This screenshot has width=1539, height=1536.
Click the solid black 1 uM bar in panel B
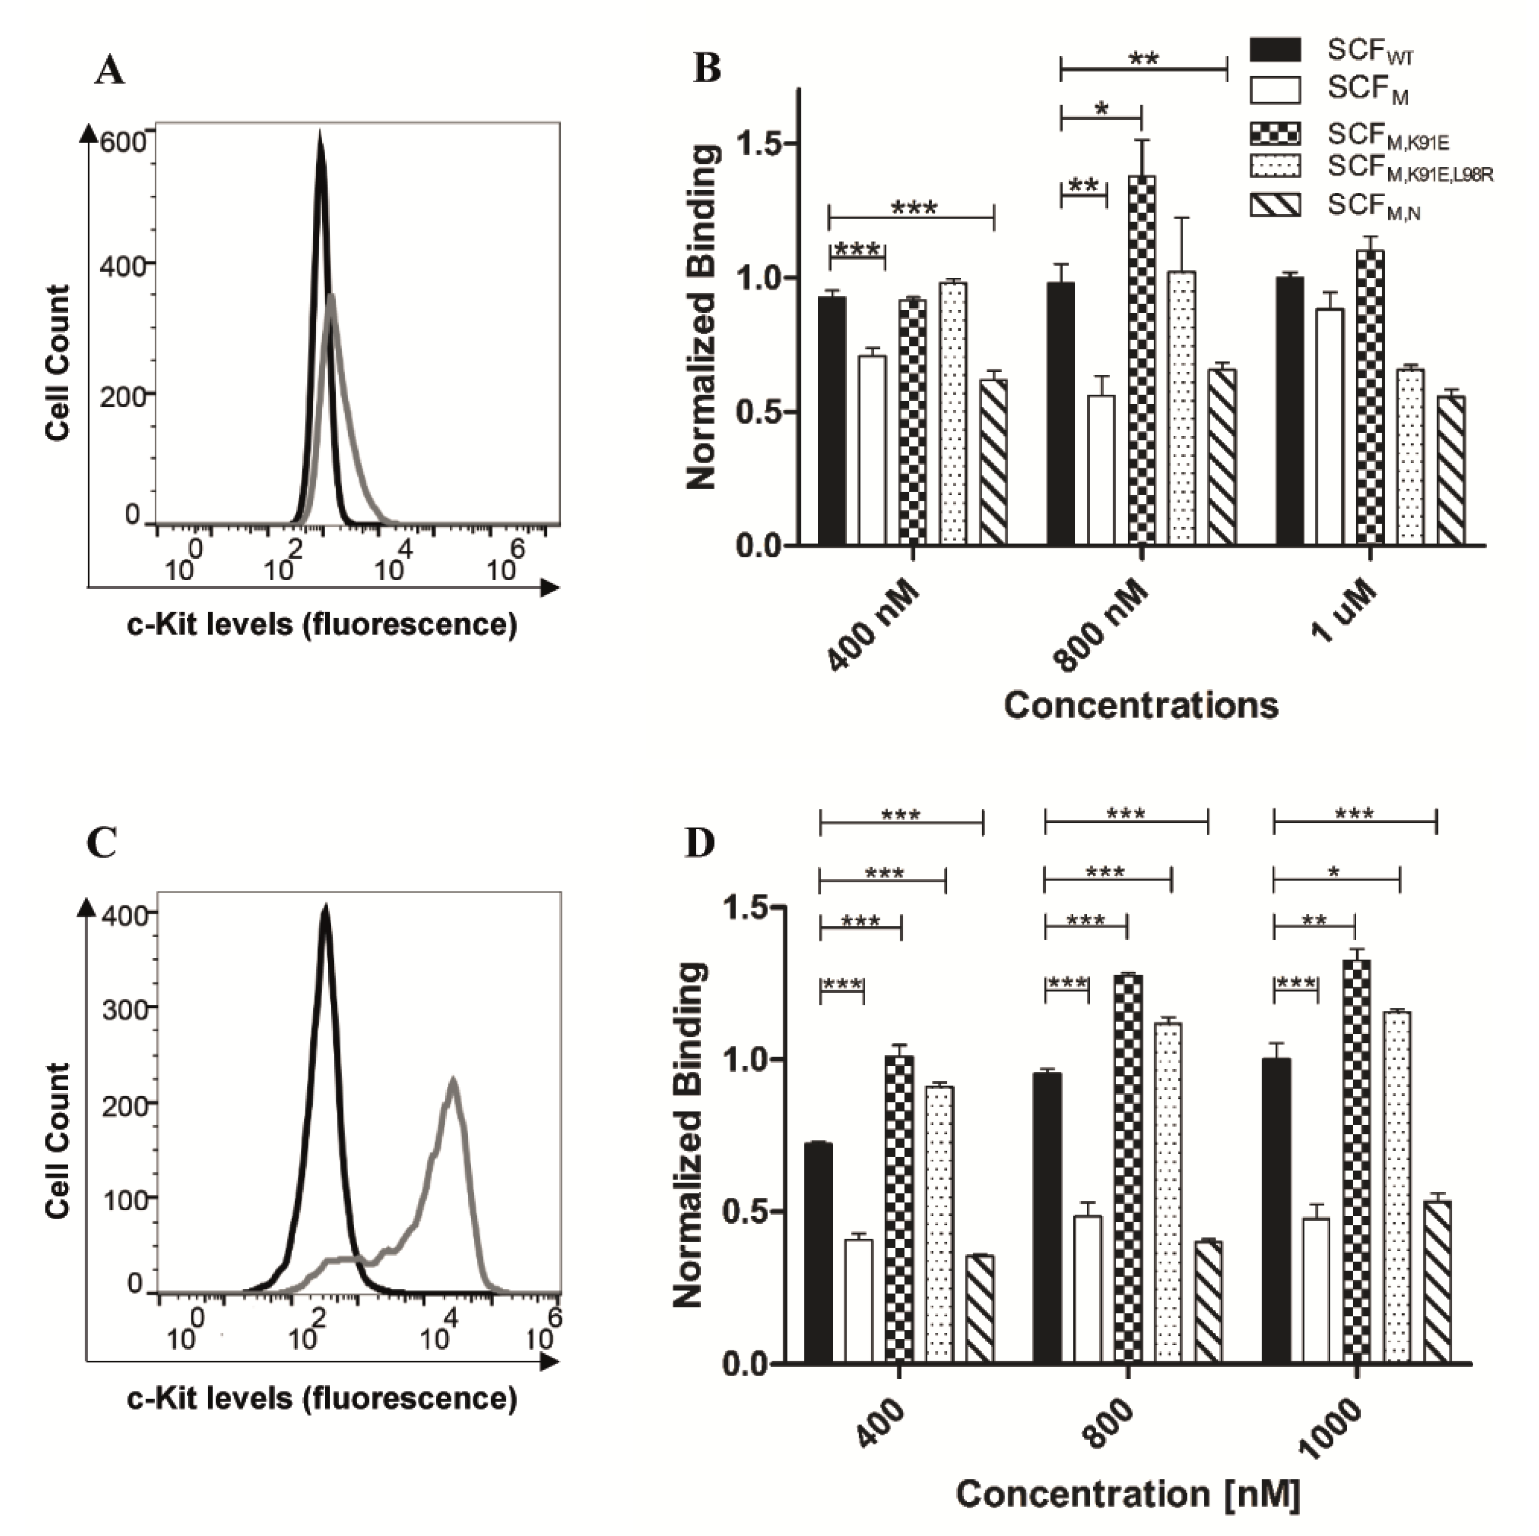1289,411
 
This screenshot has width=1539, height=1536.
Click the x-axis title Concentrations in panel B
1141,706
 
